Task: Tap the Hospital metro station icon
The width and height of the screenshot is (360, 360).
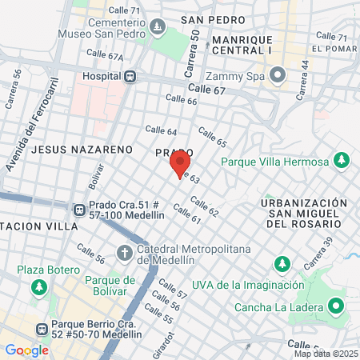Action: [130, 76]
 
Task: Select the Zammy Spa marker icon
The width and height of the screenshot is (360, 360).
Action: [278, 76]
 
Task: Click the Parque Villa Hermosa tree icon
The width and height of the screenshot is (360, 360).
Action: [342, 162]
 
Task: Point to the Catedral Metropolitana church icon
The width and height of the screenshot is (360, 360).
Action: [124, 254]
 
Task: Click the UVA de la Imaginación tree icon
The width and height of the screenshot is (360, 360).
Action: [282, 263]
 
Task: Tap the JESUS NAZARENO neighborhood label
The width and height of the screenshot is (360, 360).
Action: [81, 149]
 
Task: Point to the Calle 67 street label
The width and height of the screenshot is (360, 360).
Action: [206, 90]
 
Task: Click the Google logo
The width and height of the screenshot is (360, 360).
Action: [27, 350]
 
